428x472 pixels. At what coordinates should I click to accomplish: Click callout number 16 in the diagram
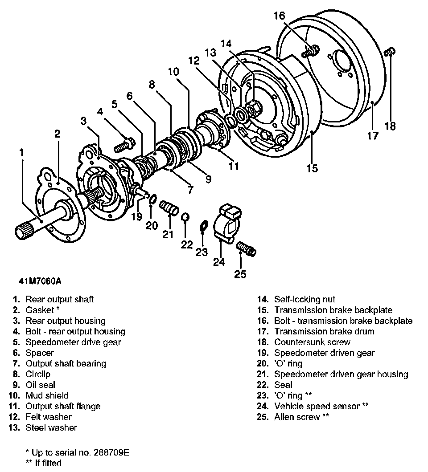[x=279, y=16]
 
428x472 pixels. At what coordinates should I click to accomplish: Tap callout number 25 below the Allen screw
[x=240, y=274]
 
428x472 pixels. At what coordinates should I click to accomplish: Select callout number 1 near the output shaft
[x=21, y=153]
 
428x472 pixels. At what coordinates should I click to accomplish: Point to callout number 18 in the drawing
[x=390, y=126]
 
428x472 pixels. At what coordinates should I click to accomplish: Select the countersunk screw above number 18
[x=388, y=53]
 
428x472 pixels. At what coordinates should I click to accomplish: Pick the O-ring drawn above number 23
[x=202, y=226]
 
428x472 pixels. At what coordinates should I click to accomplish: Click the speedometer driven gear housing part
[x=169, y=208]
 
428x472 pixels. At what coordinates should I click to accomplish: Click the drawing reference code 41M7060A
[x=40, y=281]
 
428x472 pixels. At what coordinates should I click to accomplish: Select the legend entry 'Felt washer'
[x=49, y=417]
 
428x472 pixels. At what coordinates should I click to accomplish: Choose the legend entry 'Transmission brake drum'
[x=324, y=331]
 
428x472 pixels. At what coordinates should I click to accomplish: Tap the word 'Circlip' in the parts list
[x=38, y=374]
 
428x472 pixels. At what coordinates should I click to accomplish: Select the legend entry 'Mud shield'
[x=47, y=395]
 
